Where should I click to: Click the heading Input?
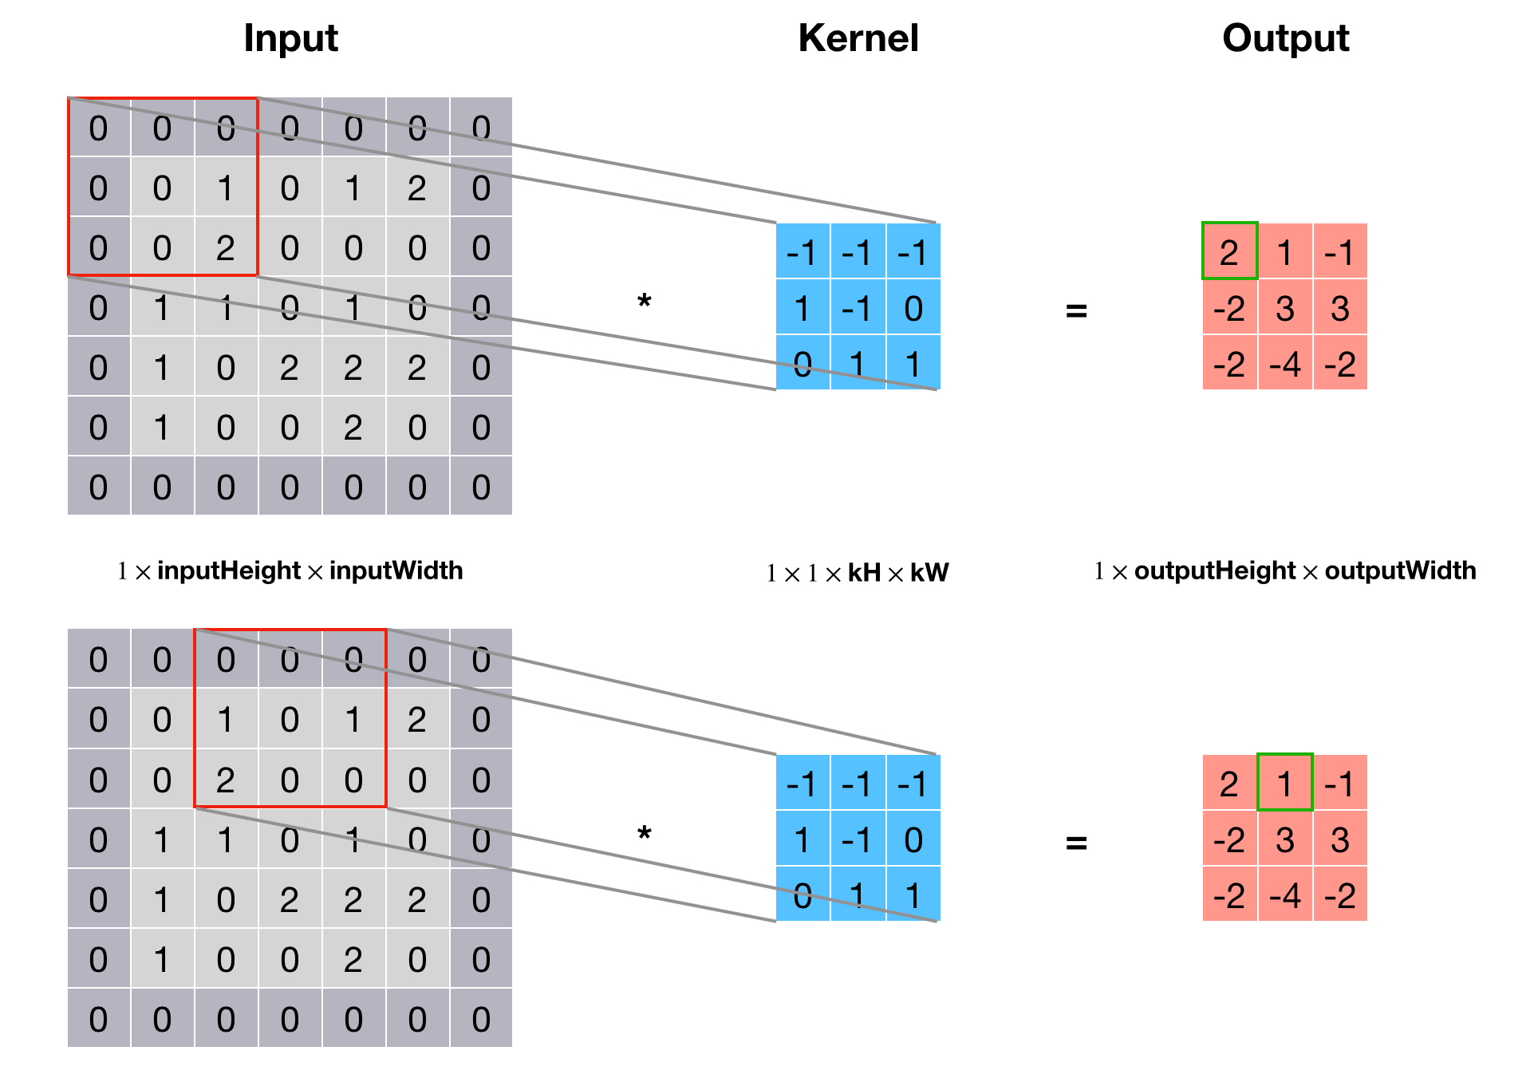[290, 38]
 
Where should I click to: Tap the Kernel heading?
[858, 38]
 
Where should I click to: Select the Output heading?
[1286, 38]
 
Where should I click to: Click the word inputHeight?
[229, 571]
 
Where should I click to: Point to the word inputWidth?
[396, 571]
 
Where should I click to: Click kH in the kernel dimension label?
[864, 573]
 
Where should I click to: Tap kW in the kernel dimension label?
[929, 573]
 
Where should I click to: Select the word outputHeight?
[1215, 571]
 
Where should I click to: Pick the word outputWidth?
[1400, 571]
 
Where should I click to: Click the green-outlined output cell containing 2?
[1229, 251]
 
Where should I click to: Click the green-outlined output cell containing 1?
[1284, 783]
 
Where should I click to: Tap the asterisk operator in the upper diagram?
[645, 302]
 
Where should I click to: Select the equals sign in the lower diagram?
[1076, 842]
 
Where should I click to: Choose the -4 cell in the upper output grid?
[1284, 363]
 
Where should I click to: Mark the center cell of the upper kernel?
[858, 307]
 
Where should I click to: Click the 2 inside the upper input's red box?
[226, 247]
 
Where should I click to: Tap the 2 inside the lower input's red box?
[226, 779]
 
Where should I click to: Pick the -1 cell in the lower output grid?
[1339, 783]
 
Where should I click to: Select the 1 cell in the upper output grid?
[1284, 251]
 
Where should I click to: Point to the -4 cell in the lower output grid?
[1284, 895]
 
